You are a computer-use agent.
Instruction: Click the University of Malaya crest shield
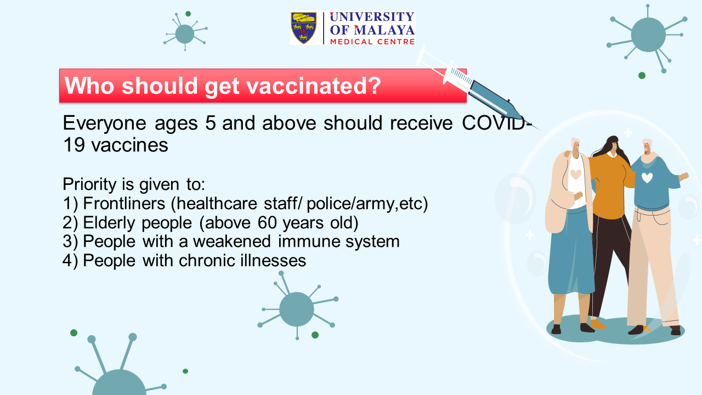[304, 28]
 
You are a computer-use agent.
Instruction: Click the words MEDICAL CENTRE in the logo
[372, 42]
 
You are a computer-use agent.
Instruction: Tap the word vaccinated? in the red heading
[314, 86]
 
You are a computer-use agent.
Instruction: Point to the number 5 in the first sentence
[211, 122]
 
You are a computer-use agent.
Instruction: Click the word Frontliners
[124, 204]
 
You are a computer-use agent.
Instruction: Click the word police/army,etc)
[367, 204]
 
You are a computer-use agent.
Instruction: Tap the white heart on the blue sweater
[647, 178]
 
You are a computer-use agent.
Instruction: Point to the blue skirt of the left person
[571, 251]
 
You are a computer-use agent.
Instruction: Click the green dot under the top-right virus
[642, 76]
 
